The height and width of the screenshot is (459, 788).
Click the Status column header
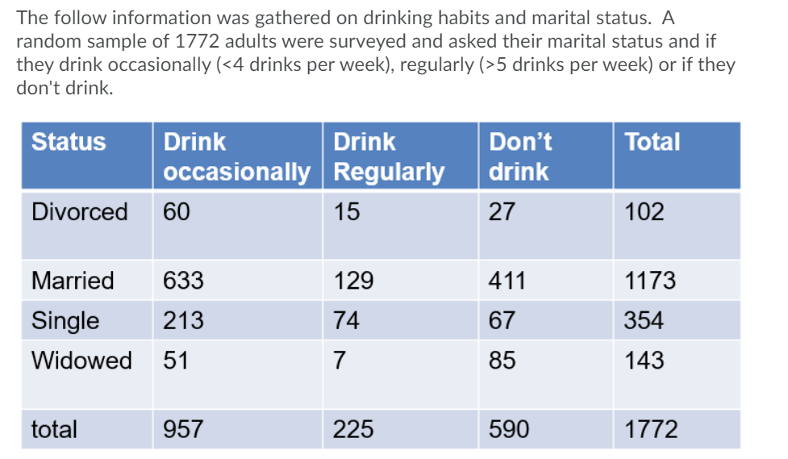69,142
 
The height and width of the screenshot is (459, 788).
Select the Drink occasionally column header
236,156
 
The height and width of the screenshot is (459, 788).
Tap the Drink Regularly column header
388,156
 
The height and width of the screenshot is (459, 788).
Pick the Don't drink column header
519,156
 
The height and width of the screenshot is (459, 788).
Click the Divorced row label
79,211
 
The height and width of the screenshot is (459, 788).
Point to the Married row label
73,281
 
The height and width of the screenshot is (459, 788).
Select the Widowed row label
81,360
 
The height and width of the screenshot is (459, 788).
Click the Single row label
65,321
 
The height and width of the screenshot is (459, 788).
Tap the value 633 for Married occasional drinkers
183,281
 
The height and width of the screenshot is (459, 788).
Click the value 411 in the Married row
507,281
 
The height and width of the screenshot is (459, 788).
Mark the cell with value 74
347,321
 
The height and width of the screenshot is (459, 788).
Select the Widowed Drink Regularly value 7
340,360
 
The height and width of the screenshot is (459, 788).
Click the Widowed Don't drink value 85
502,360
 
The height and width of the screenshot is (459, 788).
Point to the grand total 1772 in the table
652,429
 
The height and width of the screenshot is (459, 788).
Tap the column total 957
183,429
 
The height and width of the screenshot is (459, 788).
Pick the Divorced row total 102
644,211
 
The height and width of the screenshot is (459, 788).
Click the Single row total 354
644,321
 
